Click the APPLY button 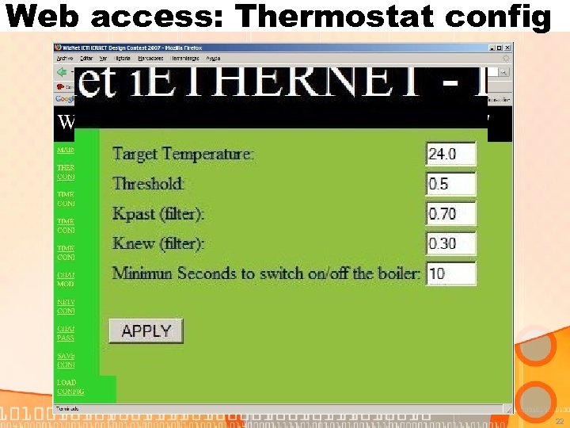coord(146,331)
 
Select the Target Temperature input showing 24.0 coord(450,154)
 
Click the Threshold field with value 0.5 coord(450,184)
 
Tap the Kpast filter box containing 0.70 coord(450,213)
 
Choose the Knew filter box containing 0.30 coord(450,243)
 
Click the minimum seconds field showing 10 coord(450,273)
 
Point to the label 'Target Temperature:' coord(183,154)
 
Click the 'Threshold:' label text coord(149,184)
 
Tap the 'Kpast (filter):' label coord(158,214)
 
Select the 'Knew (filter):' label coord(158,243)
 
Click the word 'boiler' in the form coord(397,273)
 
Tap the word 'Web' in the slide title coord(40,15)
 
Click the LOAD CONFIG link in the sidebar coord(70,387)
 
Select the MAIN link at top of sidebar coord(65,149)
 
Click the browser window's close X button coord(506,48)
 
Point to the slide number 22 coord(559,422)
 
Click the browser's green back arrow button coord(60,71)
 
